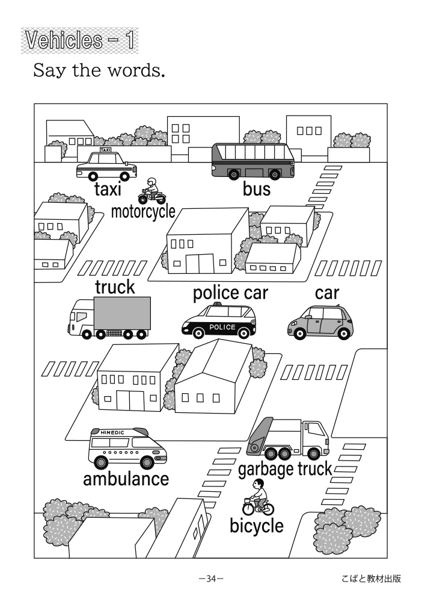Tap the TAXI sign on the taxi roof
[x=105, y=150]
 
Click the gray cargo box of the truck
[x=121, y=313]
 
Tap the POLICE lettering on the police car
[x=222, y=326]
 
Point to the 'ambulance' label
[x=126, y=479]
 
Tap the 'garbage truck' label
[x=285, y=468]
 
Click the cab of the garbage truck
[x=314, y=435]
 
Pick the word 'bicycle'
[x=256, y=525]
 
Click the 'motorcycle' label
[x=143, y=211]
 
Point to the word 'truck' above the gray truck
[x=115, y=287]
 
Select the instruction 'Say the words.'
[x=99, y=71]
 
